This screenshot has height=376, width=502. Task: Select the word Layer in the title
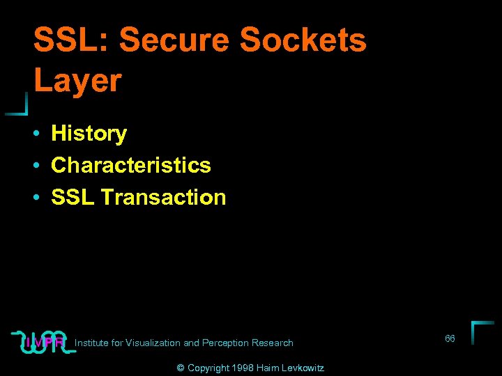tap(77, 81)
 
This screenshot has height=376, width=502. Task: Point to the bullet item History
tap(89, 133)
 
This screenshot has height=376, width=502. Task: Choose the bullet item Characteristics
tap(131, 165)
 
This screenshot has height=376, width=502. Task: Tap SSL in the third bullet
tap(73, 197)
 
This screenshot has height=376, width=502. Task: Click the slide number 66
tap(450, 338)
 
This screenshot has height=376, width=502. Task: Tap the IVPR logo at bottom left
tap(43, 341)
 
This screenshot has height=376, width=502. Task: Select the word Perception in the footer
tap(225, 343)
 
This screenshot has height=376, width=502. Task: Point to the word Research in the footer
tap(273, 343)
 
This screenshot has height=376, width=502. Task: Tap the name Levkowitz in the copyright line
tap(303, 368)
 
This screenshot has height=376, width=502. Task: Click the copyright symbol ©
tap(181, 368)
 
